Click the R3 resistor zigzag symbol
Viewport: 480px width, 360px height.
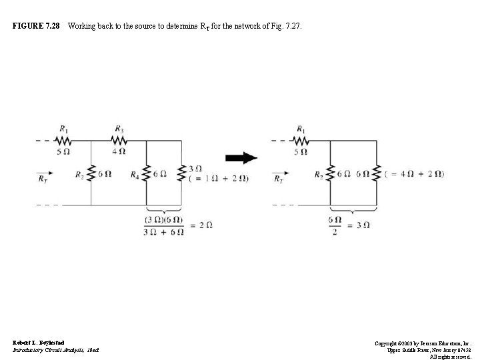(x=119, y=141)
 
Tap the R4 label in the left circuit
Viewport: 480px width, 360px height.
(x=135, y=176)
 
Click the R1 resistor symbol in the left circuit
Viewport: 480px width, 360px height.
(x=64, y=141)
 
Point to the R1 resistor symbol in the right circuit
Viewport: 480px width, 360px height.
(x=301, y=141)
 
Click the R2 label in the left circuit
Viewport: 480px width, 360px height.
(x=79, y=176)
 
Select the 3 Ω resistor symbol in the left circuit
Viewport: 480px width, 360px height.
(x=182, y=173)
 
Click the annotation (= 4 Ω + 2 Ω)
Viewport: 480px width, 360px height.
(x=415, y=175)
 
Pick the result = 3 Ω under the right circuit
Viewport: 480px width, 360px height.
(x=359, y=225)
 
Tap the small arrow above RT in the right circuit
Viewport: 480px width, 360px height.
(x=281, y=170)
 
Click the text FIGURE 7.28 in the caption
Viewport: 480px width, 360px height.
(x=36, y=26)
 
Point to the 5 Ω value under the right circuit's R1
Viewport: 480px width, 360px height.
(x=301, y=151)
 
